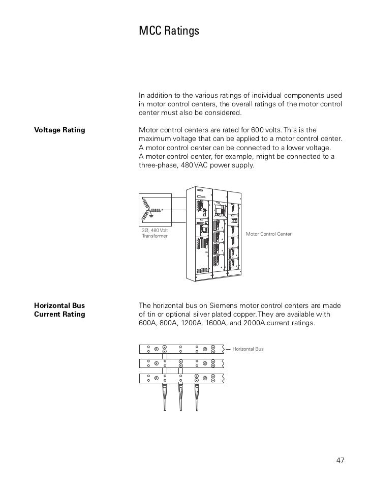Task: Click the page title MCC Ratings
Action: click(x=169, y=31)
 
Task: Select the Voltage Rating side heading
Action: click(x=59, y=130)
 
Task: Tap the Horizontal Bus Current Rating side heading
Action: click(x=59, y=309)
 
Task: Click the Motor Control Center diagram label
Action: click(x=269, y=234)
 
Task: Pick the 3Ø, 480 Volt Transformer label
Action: click(x=155, y=234)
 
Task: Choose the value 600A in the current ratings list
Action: click(x=147, y=323)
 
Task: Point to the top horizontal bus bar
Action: click(x=180, y=349)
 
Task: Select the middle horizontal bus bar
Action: click(x=180, y=363)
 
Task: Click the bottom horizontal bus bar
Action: click(x=180, y=378)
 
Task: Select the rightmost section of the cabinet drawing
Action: click(x=234, y=234)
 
